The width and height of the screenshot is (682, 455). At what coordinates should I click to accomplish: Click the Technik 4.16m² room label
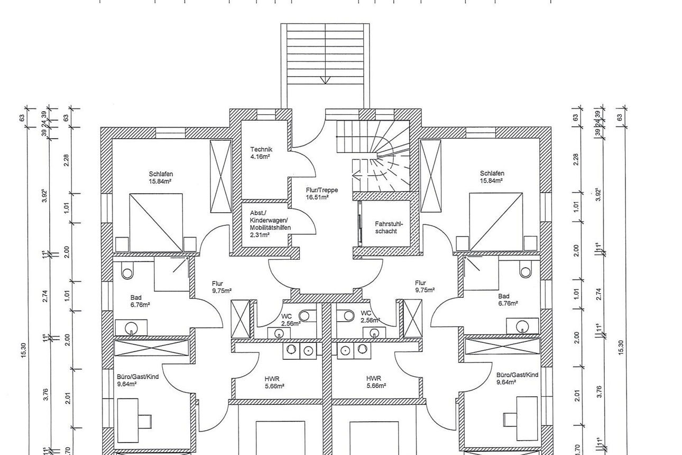point(261,153)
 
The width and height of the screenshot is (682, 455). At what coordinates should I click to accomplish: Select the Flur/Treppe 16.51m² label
point(321,193)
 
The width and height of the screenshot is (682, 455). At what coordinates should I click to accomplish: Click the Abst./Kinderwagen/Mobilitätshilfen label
point(270,224)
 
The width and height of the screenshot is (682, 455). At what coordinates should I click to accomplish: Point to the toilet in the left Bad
point(127,271)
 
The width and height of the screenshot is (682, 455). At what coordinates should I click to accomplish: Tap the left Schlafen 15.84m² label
point(161,177)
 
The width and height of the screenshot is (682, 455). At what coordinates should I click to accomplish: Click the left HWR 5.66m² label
point(274,382)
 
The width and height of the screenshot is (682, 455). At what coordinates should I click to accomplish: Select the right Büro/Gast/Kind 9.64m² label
point(517,378)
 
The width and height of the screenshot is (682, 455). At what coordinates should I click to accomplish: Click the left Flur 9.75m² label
point(222,287)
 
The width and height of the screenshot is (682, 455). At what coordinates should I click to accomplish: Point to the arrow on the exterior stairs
point(325,80)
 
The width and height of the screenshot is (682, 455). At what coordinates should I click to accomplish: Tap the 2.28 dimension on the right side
point(576,159)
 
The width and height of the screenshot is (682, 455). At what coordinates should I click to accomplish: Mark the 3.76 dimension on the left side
point(45,395)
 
